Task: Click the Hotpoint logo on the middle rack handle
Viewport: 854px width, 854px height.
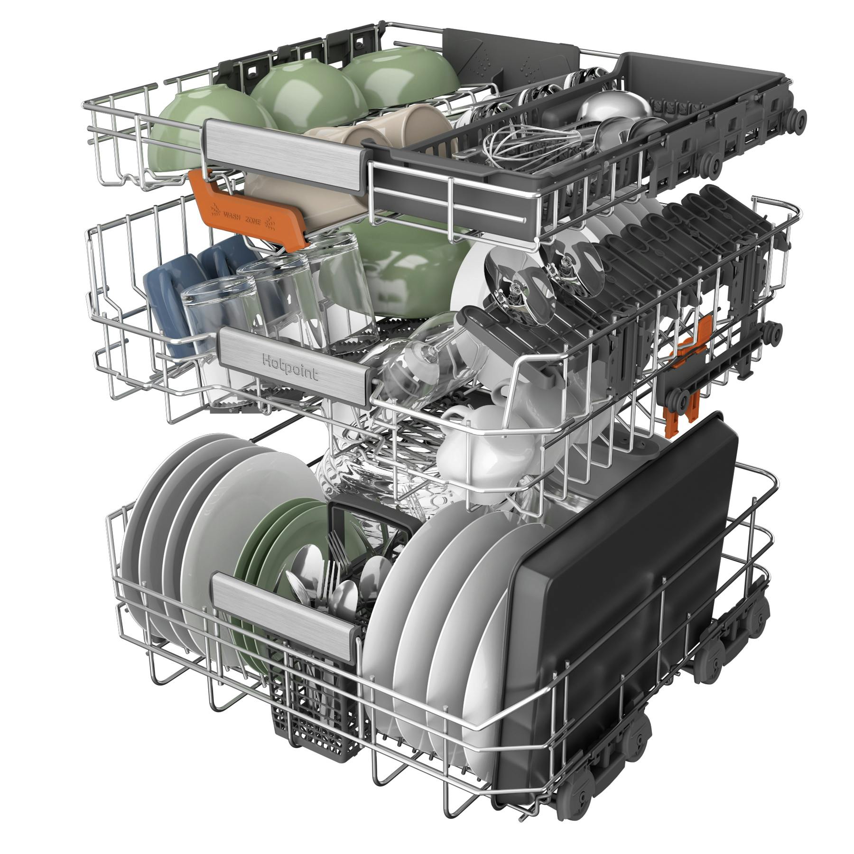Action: pos(290,368)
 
